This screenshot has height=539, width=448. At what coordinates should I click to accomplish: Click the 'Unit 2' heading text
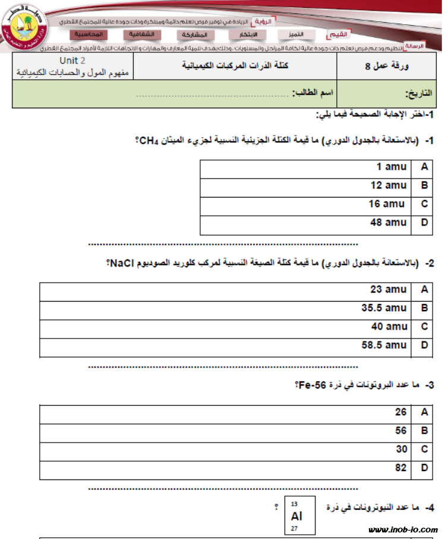[72, 61]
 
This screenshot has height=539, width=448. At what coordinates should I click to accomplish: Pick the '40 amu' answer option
[389, 327]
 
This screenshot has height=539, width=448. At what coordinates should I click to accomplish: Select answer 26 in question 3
[400, 412]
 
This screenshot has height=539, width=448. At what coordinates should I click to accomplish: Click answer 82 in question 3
[400, 468]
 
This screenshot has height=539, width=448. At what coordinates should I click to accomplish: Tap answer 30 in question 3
[400, 449]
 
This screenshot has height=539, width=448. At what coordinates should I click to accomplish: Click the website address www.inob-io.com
[403, 529]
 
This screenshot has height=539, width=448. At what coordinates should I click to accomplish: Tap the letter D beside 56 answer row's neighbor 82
[424, 468]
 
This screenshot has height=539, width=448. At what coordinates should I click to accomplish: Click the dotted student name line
[214, 94]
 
